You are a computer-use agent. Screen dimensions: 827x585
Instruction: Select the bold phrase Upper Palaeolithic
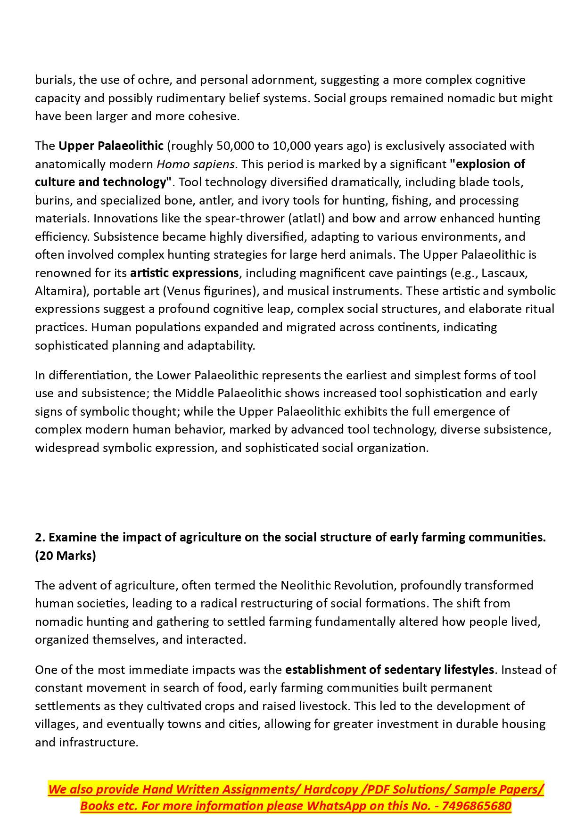111,146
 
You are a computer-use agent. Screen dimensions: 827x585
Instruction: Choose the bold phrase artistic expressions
184,273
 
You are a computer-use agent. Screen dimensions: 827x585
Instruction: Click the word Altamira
59,291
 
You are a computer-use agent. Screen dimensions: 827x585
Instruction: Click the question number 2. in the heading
40,537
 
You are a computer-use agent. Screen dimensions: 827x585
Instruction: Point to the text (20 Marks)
66,556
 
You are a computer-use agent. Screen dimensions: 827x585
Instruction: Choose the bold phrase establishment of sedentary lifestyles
389,670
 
